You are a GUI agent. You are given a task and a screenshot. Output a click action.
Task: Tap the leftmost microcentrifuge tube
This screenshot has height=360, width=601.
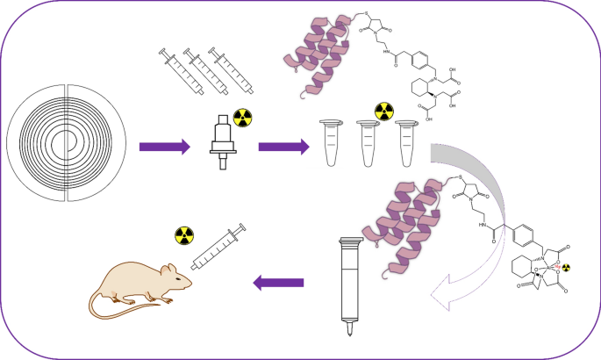click(x=332, y=143)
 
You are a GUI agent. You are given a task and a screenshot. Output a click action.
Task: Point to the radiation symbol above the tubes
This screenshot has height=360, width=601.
click(x=384, y=112)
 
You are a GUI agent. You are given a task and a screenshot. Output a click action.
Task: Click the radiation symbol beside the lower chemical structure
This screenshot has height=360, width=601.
click(x=566, y=266)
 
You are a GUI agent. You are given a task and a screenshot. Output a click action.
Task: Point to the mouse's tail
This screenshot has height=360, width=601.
click(x=123, y=312)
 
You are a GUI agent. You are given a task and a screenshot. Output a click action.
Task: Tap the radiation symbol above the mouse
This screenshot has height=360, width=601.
click(x=183, y=236)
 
